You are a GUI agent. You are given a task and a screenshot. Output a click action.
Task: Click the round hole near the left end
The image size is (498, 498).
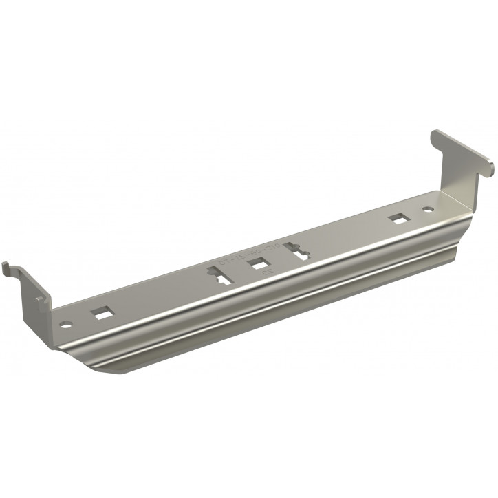pyautogui.click(x=66, y=323)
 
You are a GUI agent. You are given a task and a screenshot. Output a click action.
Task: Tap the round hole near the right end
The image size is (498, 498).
pyautogui.click(x=427, y=208)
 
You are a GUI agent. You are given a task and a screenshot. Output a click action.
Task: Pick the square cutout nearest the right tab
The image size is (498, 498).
pyautogui.click(x=397, y=219)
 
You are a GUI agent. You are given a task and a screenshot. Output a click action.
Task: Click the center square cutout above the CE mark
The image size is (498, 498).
pyautogui.click(x=259, y=263)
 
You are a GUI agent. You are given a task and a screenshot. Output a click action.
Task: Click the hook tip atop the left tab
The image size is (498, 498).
pyautogui.click(x=6, y=265)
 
